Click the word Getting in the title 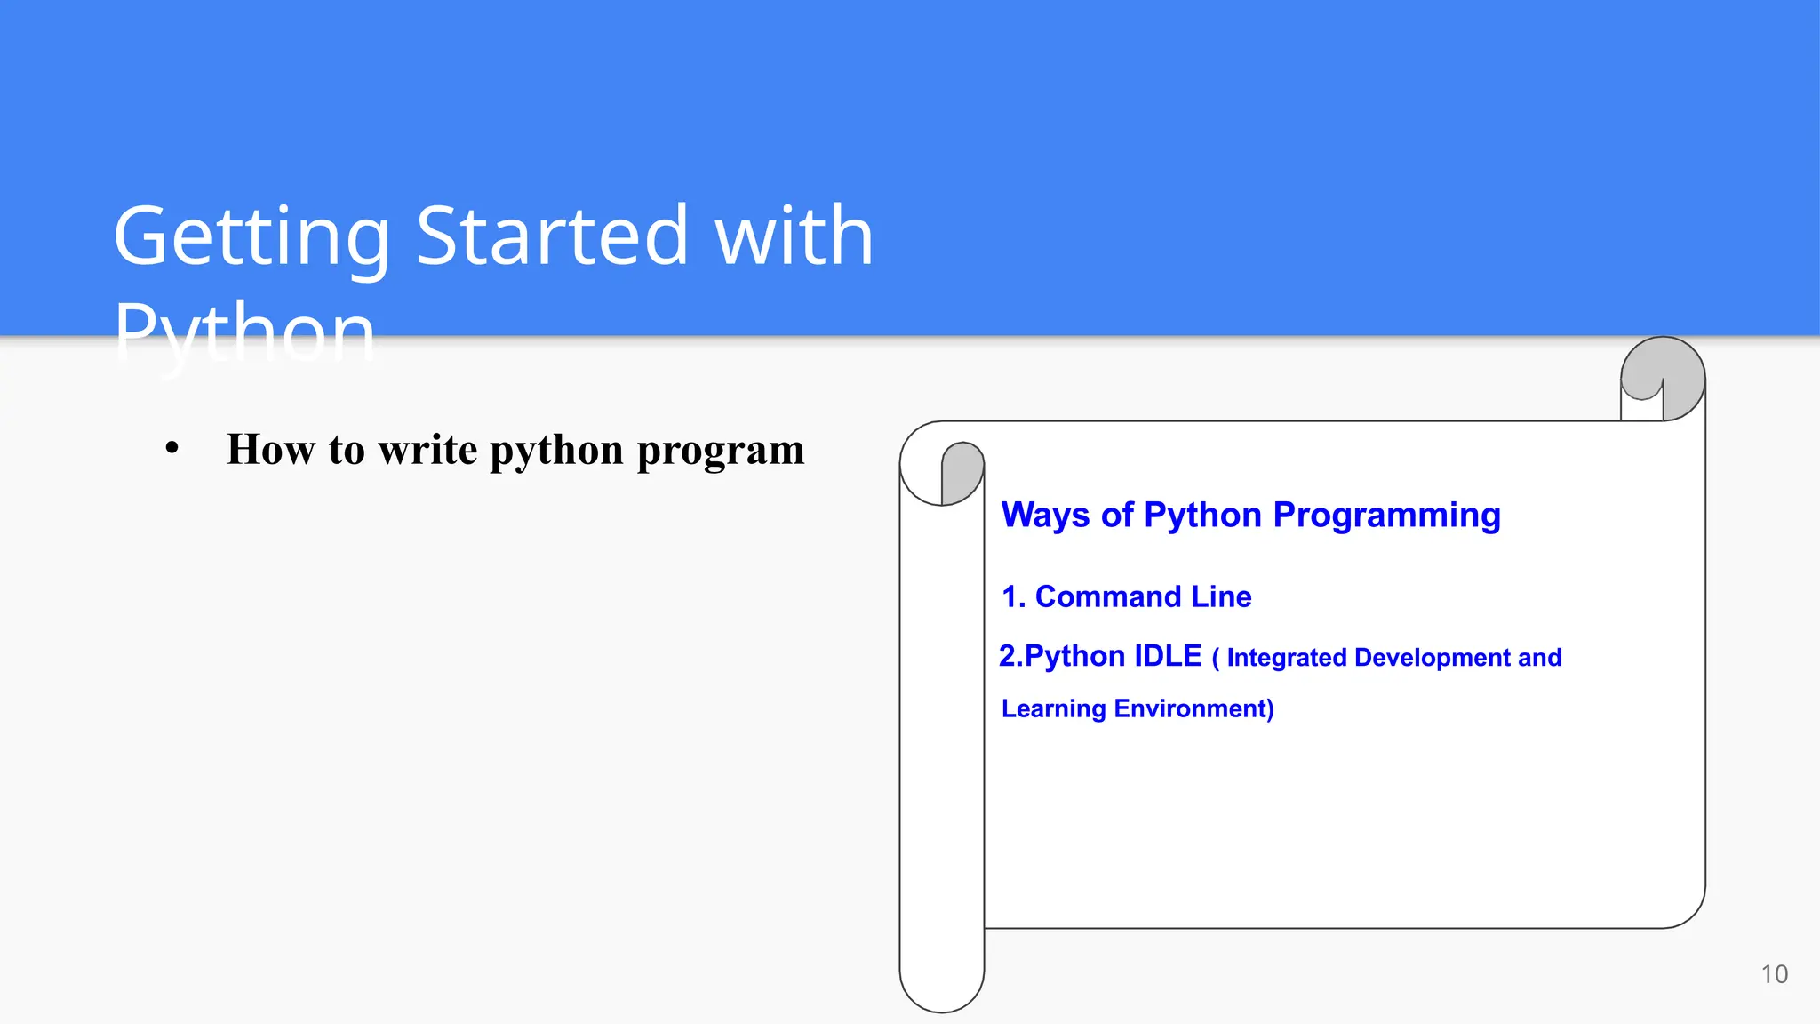click(x=251, y=237)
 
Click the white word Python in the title click(x=244, y=335)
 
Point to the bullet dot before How click(x=172, y=449)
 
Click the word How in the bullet click(x=270, y=449)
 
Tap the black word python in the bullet click(x=556, y=451)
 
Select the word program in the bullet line click(x=721, y=451)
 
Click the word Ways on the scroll click(x=1045, y=516)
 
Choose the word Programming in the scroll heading click(x=1386, y=516)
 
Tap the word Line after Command click(x=1221, y=596)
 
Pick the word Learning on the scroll click(x=1053, y=708)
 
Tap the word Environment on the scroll click(x=1193, y=708)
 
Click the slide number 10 click(x=1774, y=974)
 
